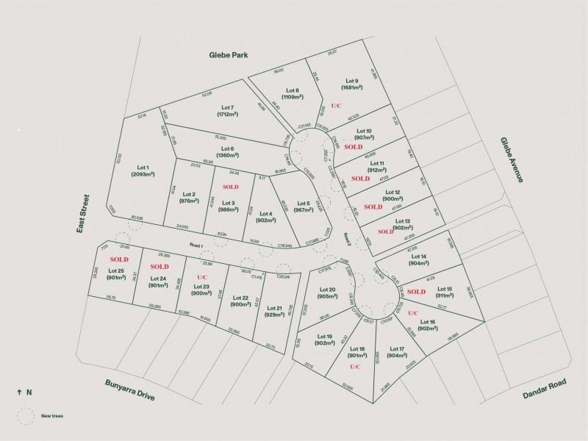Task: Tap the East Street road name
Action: coord(85,214)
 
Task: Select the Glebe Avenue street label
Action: coord(512,159)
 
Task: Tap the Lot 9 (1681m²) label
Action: coord(352,85)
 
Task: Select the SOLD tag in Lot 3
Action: coord(231,187)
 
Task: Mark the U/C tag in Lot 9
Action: coord(336,106)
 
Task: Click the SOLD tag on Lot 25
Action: coord(119,259)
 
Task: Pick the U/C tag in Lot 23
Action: coord(201,276)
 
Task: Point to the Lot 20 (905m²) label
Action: coord(328,293)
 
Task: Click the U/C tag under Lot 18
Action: coord(355,366)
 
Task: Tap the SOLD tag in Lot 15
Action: coord(417,291)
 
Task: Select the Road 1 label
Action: coord(195,245)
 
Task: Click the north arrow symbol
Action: coord(19,392)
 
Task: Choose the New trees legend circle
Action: coord(26,416)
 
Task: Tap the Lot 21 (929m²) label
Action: coord(274,312)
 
